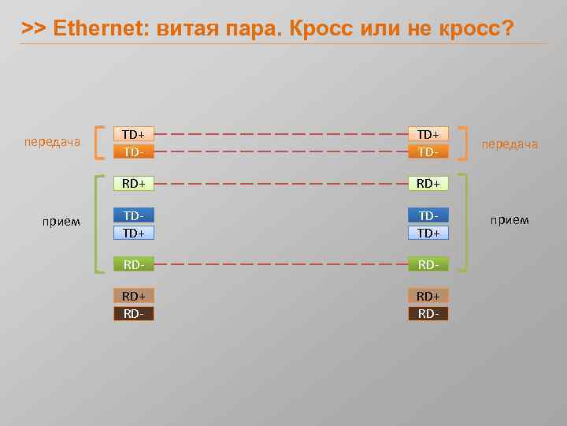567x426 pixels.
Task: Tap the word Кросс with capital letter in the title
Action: click(x=320, y=29)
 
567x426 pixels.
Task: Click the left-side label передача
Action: click(x=52, y=142)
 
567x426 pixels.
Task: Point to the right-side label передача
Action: click(x=510, y=144)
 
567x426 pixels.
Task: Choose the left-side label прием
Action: click(x=61, y=221)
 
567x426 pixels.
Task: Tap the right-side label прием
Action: click(x=510, y=219)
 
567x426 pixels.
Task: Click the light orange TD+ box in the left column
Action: click(x=133, y=134)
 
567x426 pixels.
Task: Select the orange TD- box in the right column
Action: click(x=428, y=151)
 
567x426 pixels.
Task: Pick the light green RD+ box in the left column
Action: click(x=133, y=184)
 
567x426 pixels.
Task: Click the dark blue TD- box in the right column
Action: click(x=428, y=215)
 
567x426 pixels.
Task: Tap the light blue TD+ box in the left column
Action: click(x=133, y=233)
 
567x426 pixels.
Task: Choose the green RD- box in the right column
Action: click(x=428, y=265)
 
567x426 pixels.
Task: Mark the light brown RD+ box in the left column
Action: click(x=133, y=296)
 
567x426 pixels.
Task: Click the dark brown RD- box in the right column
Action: click(x=428, y=314)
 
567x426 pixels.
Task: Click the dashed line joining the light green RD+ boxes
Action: click(x=280, y=184)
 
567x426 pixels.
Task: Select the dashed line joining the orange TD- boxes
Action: click(x=280, y=151)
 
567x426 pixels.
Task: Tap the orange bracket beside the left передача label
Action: click(x=96, y=142)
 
